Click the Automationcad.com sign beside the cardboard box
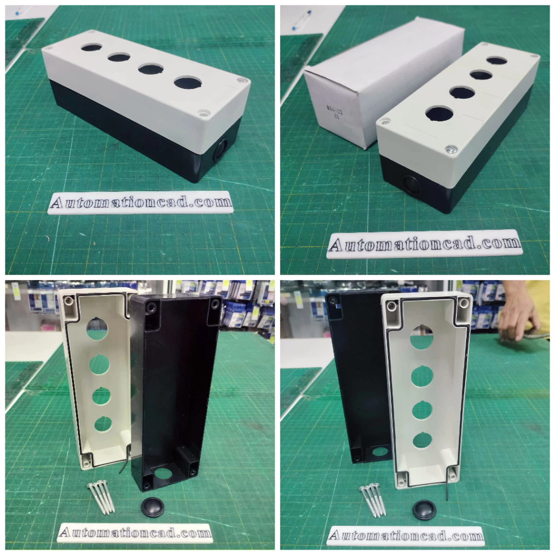coord(424,244)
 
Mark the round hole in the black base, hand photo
coord(380,451)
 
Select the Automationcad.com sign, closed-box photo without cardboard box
coord(140,203)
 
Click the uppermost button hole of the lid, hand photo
coord(421,336)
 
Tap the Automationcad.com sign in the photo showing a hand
coord(405,535)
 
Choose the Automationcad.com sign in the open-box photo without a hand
coord(135,533)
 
